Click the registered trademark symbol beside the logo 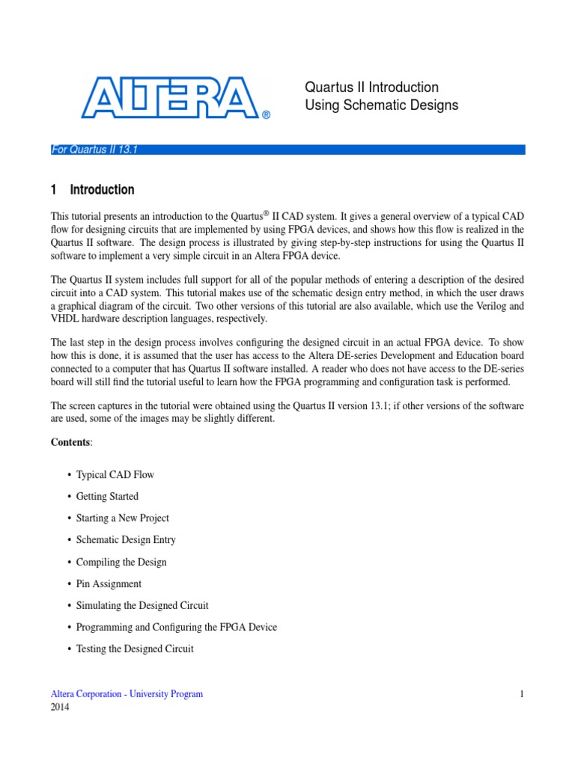[266, 115]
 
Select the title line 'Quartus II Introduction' [371, 88]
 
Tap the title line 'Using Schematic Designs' [381, 105]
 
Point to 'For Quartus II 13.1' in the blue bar [94, 150]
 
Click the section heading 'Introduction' [103, 190]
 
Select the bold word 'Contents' [70, 443]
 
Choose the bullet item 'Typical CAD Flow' [115, 475]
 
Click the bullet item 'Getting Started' [107, 497]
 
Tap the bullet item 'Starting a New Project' [123, 518]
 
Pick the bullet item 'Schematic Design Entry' [126, 540]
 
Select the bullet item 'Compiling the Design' [121, 562]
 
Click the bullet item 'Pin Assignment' [109, 583]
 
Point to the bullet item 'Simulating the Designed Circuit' [142, 605]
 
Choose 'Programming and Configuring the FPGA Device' [177, 627]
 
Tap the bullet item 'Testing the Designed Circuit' [135, 649]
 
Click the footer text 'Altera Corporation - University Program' [127, 694]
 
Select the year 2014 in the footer [60, 708]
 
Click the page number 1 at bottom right [522, 694]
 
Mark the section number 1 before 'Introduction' [54, 190]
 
